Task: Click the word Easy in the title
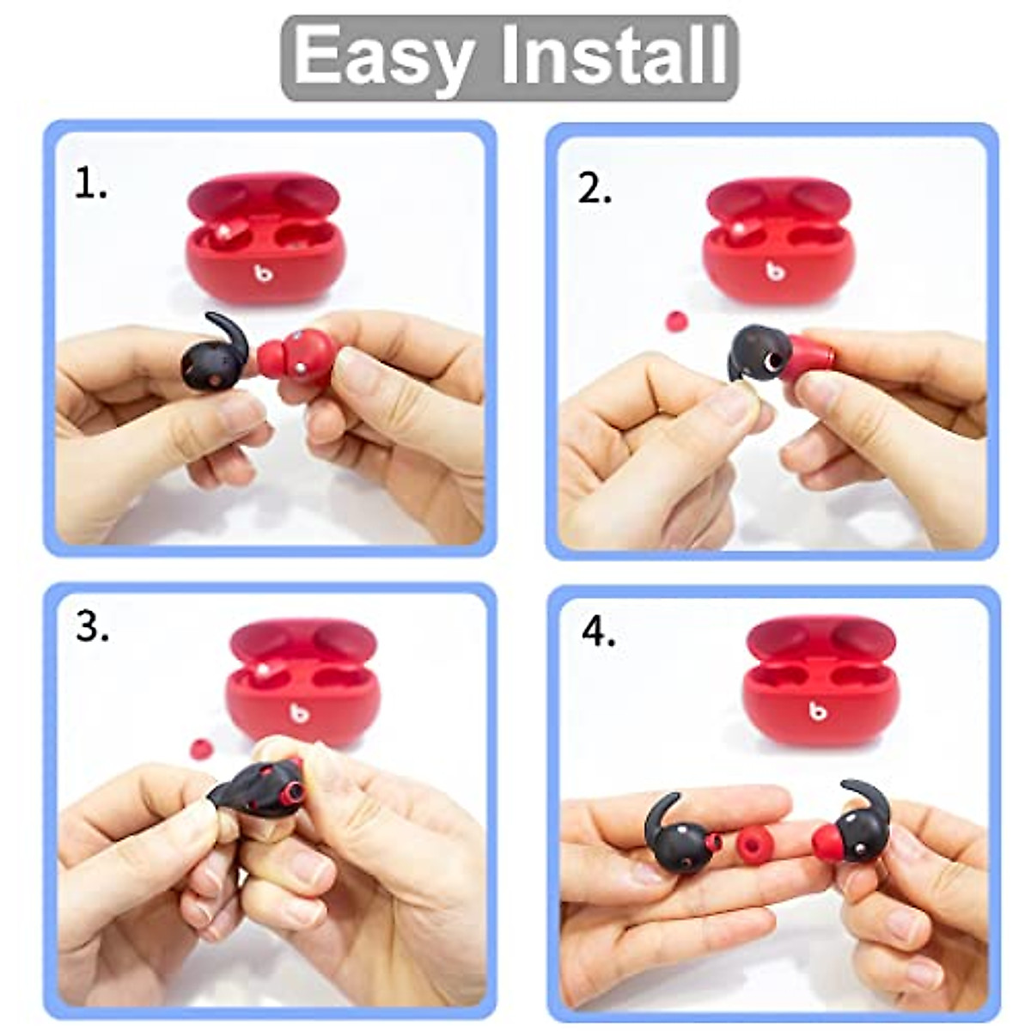(x=382, y=56)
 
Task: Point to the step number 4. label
(x=599, y=633)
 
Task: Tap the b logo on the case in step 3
(x=298, y=711)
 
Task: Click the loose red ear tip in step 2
(x=677, y=321)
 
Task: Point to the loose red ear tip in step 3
(x=200, y=748)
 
